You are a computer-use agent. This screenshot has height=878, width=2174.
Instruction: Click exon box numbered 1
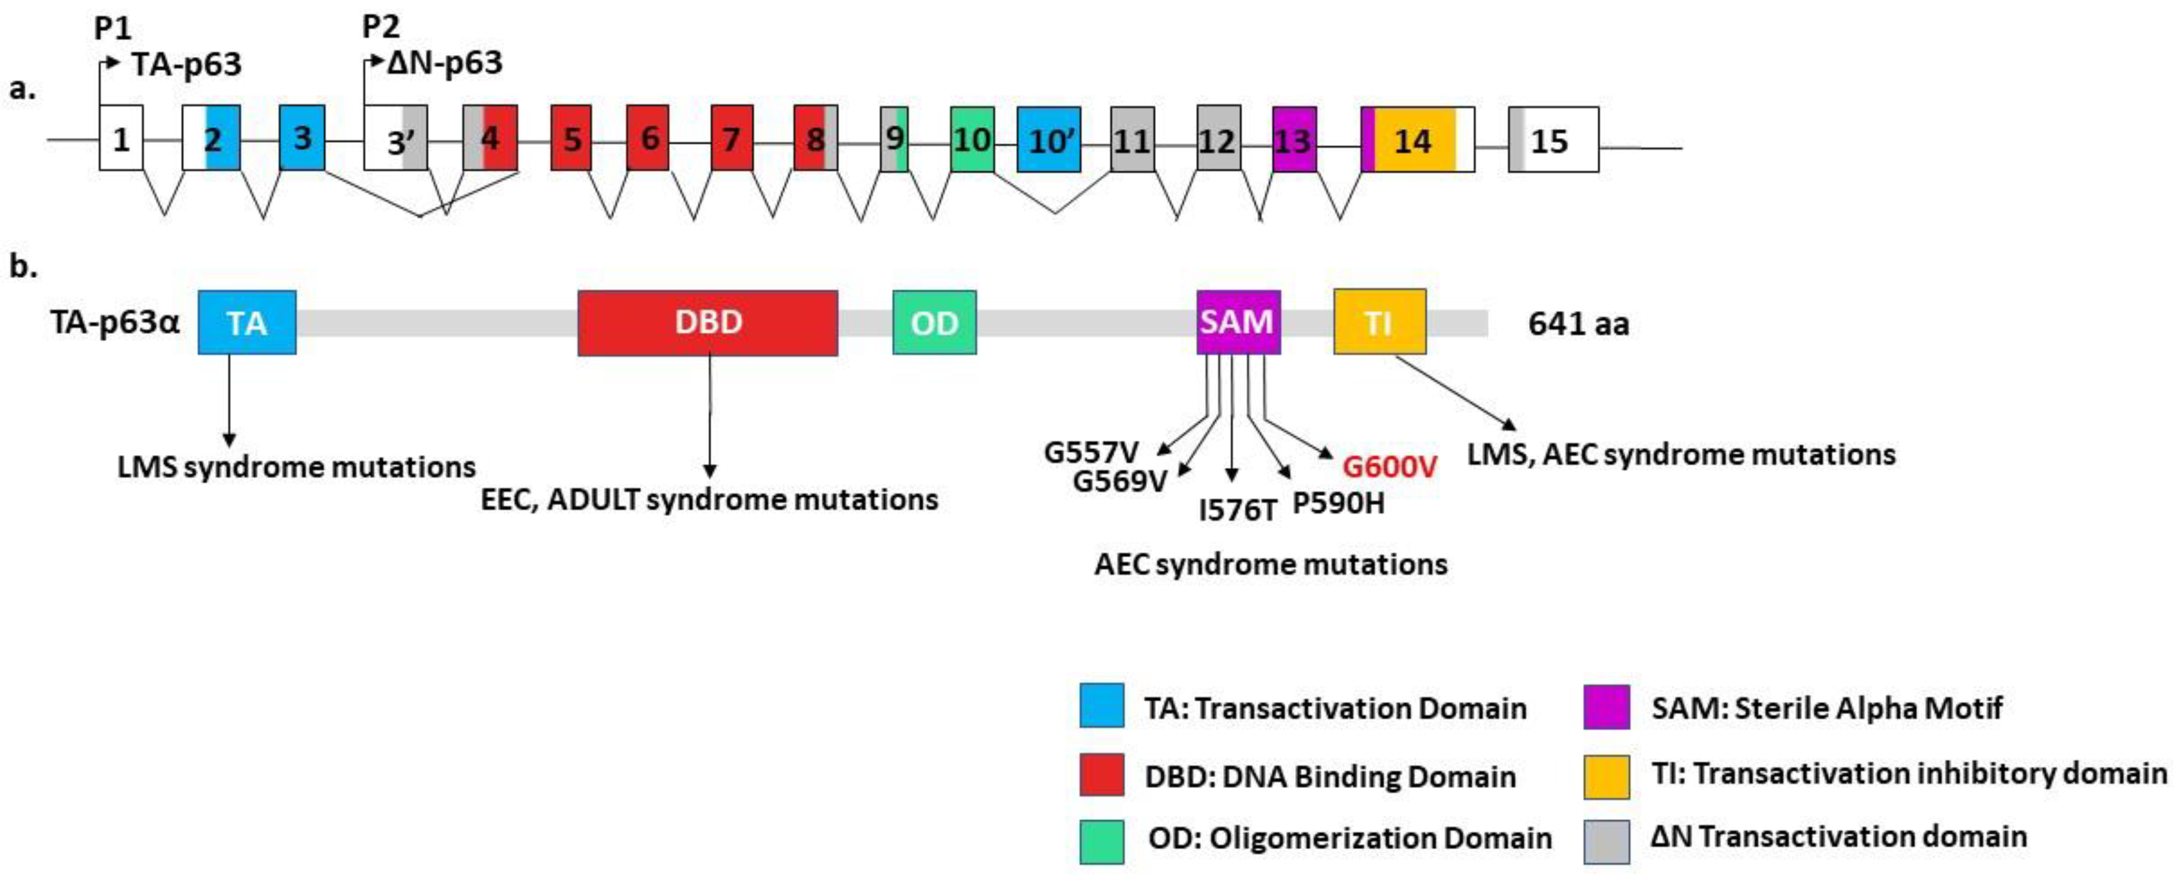[x=121, y=138]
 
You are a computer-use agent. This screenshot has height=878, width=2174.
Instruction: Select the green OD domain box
[x=934, y=323]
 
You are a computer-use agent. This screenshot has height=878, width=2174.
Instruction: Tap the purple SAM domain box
[x=1237, y=323]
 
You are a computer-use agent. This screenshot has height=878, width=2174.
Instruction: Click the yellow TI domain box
[x=1379, y=323]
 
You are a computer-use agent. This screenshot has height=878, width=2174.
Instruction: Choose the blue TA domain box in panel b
[x=247, y=323]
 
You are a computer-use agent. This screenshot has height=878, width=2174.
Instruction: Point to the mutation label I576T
[x=1237, y=509]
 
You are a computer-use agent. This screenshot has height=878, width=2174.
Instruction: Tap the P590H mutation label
[x=1339, y=504]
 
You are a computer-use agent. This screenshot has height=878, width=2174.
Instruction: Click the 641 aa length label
[x=1577, y=324]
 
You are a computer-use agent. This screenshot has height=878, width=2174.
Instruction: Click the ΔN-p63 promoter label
[x=444, y=63]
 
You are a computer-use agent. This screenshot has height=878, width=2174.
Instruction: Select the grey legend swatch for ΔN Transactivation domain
[x=1606, y=841]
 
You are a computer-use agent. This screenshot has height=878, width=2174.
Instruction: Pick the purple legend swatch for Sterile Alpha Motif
[x=1606, y=706]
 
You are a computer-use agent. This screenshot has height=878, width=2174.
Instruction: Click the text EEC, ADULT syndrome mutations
[x=709, y=500]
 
